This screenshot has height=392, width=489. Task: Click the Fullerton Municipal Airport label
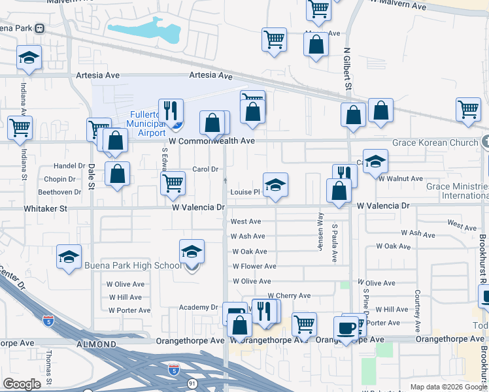coord(143,123)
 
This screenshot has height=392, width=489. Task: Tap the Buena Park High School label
coord(133,265)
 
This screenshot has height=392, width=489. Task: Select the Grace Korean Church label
coord(435,142)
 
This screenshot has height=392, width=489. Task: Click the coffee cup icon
coord(346,327)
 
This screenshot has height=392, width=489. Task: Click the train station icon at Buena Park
coord(40,29)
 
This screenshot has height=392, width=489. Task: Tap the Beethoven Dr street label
coord(59,192)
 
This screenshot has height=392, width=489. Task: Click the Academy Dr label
coord(202,307)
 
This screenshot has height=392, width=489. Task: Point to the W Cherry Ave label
coord(289,295)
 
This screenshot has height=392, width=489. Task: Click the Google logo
coord(22,384)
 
